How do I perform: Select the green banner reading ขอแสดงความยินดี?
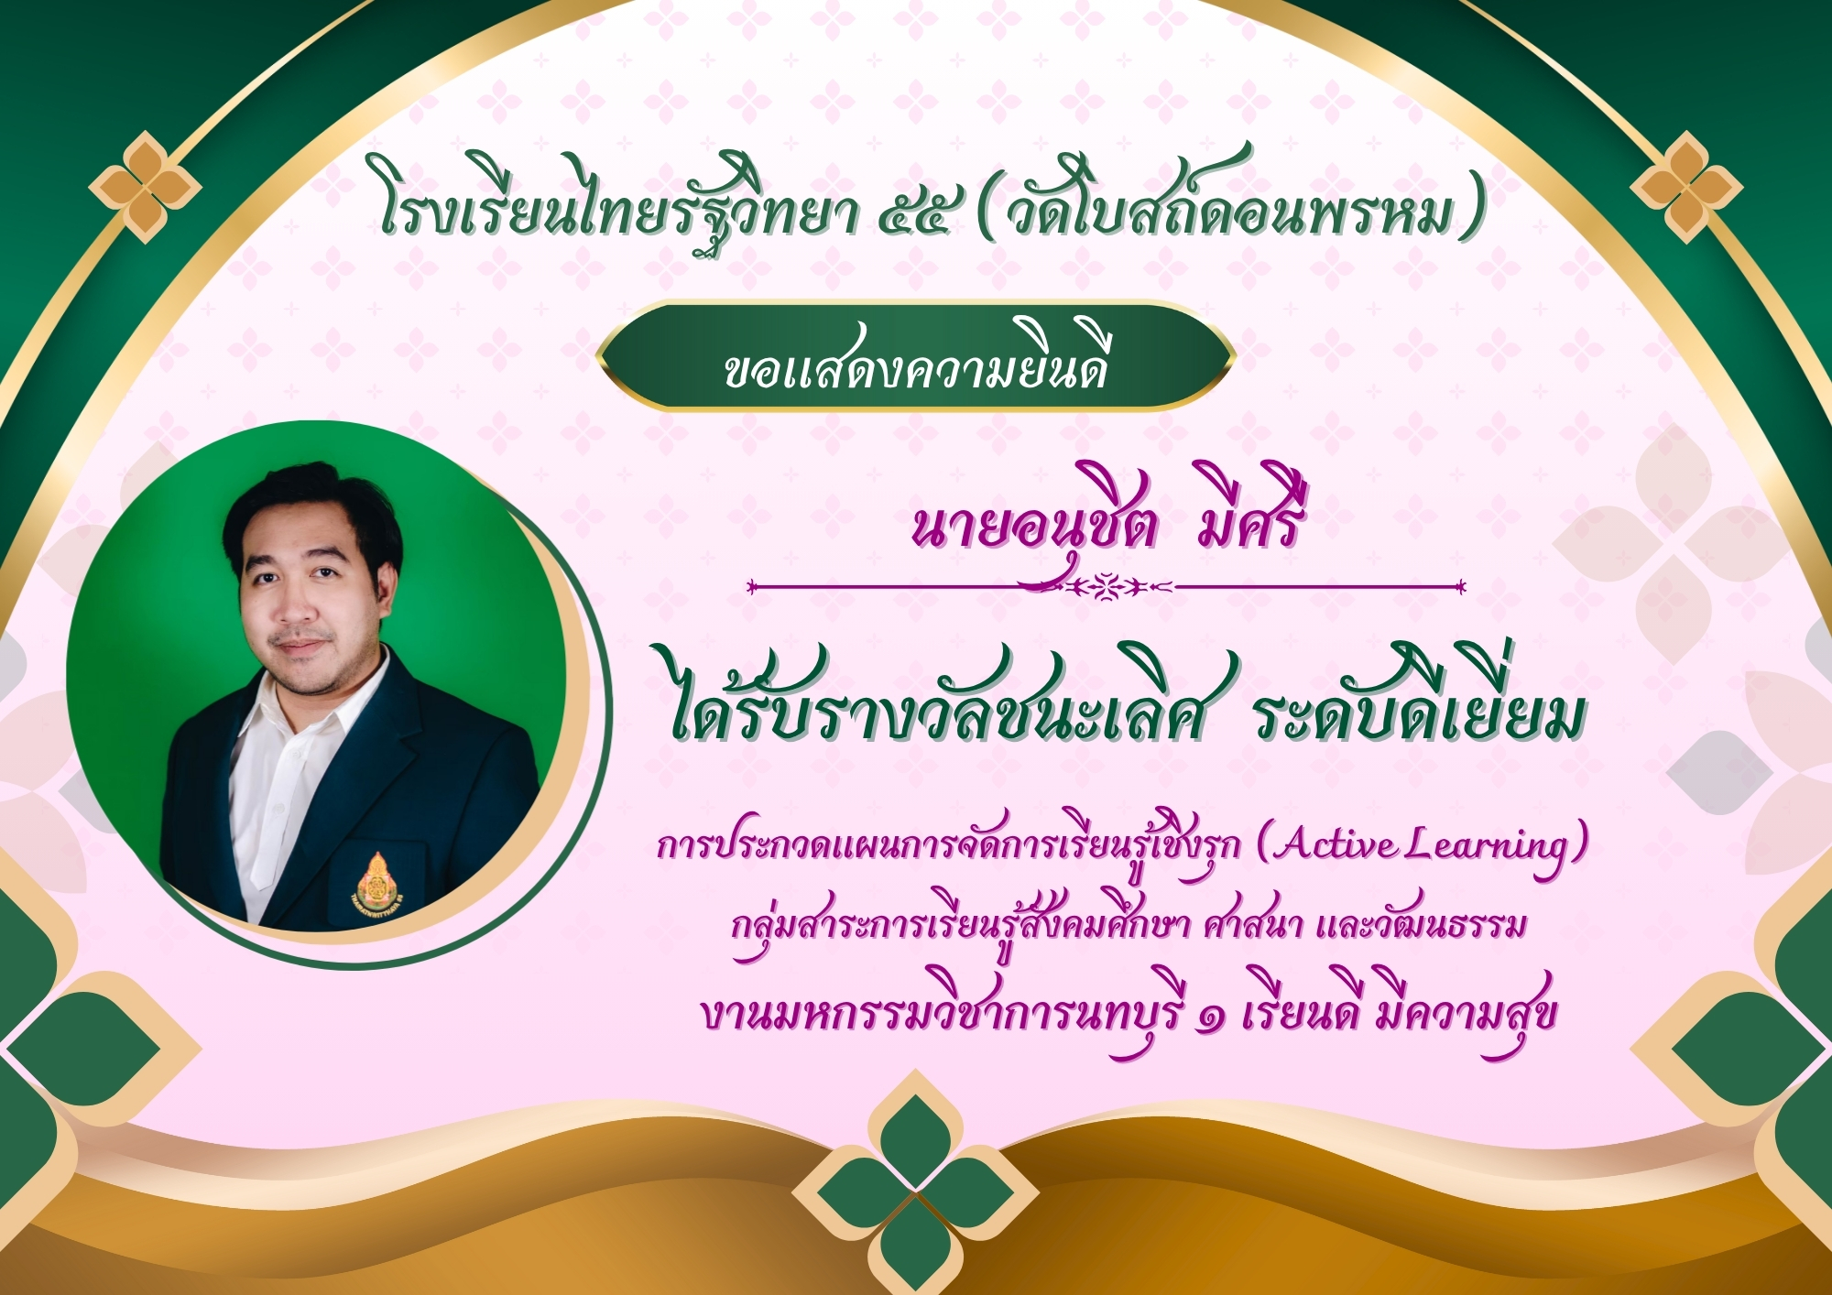[x=915, y=356]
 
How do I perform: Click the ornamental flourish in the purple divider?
[x=1107, y=586]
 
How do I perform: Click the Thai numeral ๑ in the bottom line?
[x=1211, y=1018]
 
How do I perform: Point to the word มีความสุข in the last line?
[x=1466, y=1012]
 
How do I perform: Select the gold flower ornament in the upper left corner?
[x=145, y=187]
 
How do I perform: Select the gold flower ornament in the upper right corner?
[x=1686, y=187]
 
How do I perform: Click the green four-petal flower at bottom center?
[x=915, y=1192]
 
